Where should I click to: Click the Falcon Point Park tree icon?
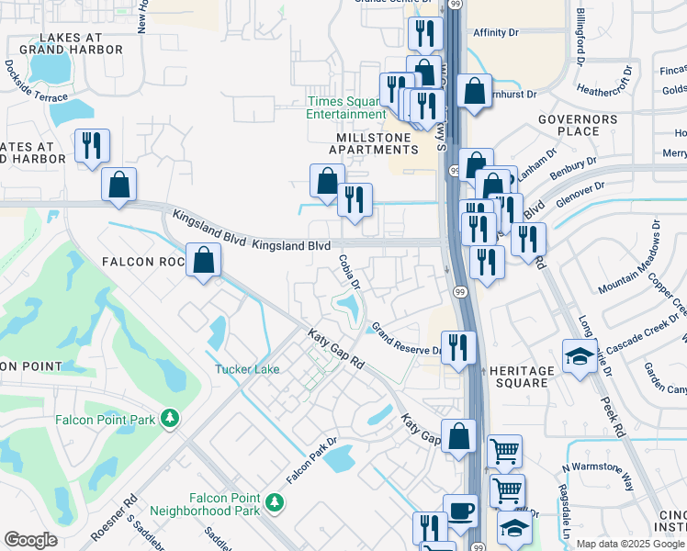point(169,419)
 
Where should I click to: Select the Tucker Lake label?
point(247,370)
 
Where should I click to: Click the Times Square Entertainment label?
point(346,107)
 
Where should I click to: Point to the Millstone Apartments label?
point(373,142)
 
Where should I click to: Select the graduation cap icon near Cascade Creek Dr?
point(579,356)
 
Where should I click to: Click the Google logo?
point(30,540)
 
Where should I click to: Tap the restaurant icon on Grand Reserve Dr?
point(460,347)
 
